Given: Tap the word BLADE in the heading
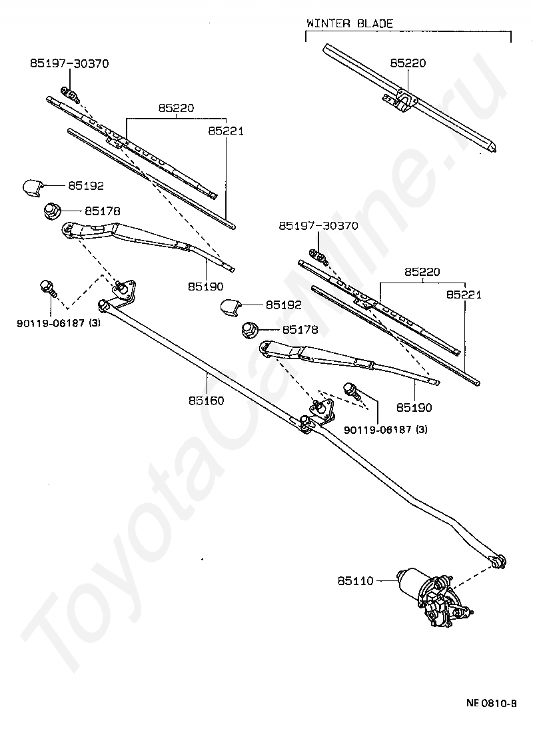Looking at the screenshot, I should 371,23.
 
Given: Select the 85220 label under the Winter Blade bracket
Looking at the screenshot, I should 408,63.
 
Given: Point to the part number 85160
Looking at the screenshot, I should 206,401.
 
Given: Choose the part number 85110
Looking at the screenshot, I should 355,581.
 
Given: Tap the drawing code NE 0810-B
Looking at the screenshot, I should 491,704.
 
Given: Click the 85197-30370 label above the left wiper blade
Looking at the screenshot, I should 69,63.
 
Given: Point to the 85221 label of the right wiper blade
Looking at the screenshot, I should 464,294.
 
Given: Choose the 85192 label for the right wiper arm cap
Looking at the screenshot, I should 284,305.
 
